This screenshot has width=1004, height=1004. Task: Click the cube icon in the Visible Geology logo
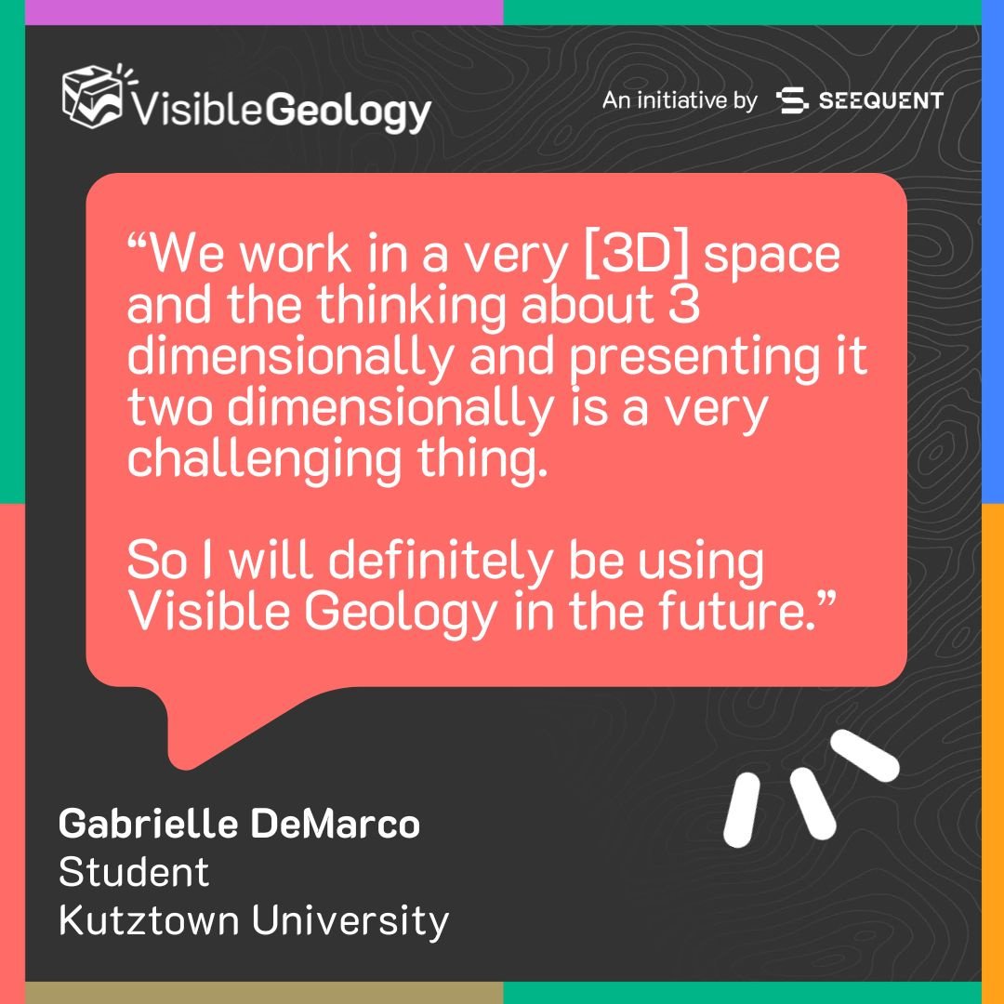tap(92, 96)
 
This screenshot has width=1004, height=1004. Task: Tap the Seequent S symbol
tap(791, 100)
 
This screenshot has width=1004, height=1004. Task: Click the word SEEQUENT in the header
tap(881, 100)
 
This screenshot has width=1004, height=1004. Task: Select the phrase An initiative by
tap(680, 100)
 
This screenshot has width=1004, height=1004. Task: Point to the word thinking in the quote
tap(412, 305)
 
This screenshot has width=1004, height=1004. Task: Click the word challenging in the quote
tap(264, 458)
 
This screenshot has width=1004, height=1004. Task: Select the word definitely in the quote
tap(440, 561)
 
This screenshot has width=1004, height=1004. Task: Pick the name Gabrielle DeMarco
tap(240, 824)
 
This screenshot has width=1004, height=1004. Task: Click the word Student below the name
tap(134, 872)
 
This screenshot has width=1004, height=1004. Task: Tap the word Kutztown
tap(148, 920)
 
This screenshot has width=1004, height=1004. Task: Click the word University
tap(350, 922)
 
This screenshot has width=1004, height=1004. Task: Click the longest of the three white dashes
tap(865, 756)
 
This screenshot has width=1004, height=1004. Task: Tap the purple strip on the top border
tap(264, 12)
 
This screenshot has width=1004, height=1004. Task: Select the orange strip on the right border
tap(993, 753)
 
